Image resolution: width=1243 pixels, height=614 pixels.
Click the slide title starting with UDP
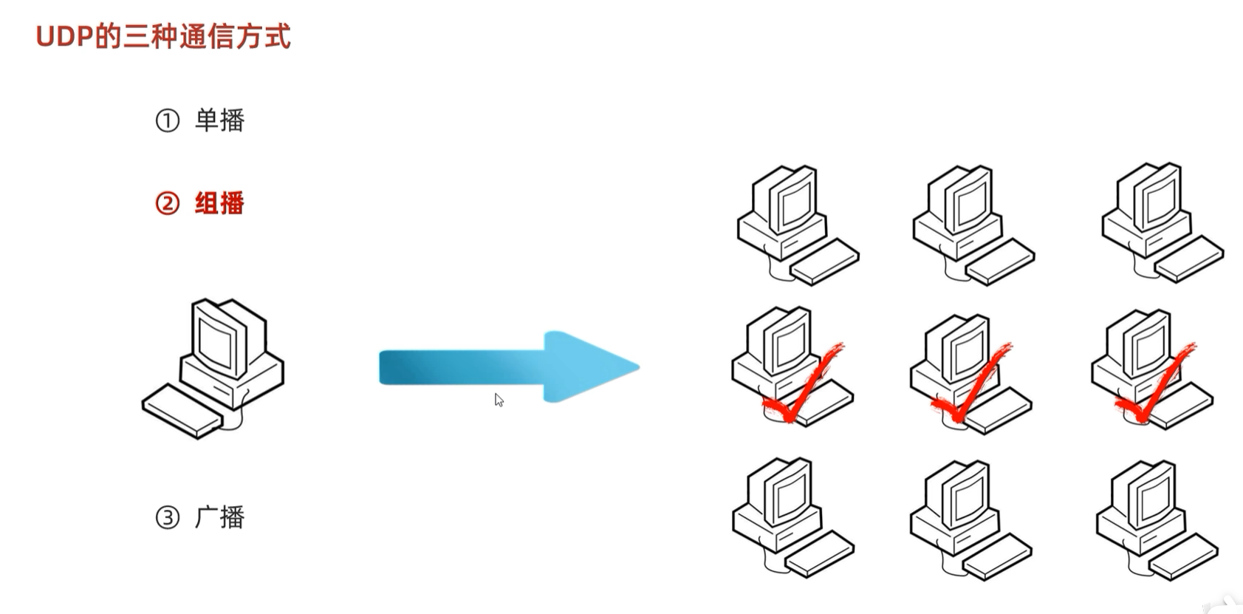pos(163,36)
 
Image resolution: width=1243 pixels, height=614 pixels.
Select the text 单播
pos(219,120)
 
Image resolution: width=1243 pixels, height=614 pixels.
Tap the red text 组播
pos(219,203)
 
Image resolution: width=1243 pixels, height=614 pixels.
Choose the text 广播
pos(219,517)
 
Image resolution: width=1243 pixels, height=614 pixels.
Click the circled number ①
pos(168,120)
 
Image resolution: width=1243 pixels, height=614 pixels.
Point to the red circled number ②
pos(168,203)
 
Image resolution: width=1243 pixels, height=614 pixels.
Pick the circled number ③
pos(168,517)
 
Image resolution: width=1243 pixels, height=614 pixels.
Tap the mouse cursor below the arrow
pos(499,400)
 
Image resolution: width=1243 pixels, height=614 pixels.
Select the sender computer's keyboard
pos(181,412)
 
